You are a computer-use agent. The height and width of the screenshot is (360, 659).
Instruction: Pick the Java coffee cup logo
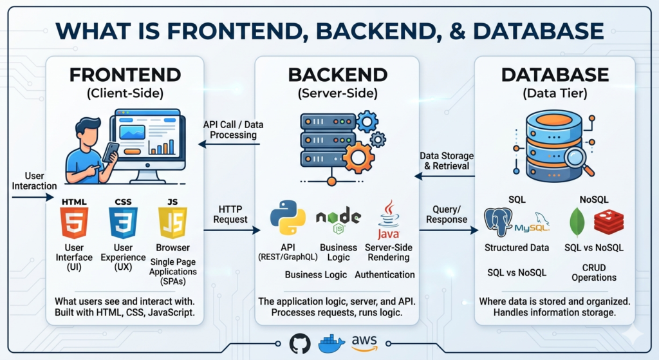[388, 219]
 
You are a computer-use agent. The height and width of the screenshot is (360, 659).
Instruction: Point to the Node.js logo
[338, 220]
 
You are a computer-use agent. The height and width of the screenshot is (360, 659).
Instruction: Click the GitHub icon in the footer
[300, 343]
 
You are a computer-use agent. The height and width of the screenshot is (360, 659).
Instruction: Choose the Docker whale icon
[331, 343]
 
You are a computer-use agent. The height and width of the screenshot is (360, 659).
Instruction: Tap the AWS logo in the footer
[364, 342]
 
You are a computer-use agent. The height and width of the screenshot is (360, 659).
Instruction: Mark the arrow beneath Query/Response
[447, 230]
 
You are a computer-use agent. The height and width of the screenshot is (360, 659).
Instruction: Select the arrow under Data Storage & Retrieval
[443, 176]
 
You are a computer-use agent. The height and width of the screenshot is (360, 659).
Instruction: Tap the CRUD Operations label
[593, 272]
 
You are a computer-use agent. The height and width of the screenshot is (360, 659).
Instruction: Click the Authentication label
[385, 274]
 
